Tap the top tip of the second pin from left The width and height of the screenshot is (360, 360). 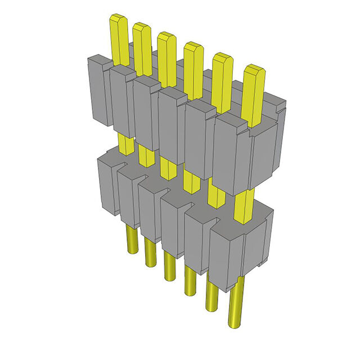pos(141,27)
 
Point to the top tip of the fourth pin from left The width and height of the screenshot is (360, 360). pos(193,46)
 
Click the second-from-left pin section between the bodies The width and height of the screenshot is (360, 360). pos(146,155)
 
